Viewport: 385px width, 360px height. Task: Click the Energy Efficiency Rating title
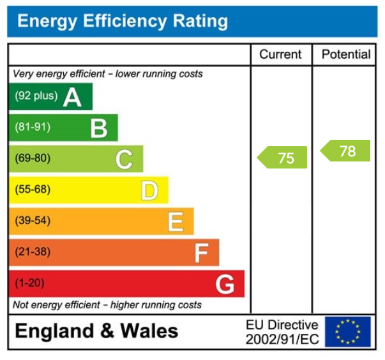(x=122, y=21)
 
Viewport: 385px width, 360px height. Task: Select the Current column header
(x=281, y=54)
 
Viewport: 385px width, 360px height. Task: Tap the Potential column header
(x=345, y=54)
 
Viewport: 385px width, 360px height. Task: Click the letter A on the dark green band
(x=72, y=97)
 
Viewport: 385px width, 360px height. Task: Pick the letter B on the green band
(x=98, y=128)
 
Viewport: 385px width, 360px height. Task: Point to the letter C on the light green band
(x=124, y=159)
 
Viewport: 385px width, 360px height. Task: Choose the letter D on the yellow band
(x=149, y=190)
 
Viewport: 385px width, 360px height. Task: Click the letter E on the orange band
(x=176, y=221)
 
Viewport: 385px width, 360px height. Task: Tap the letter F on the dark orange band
(x=201, y=253)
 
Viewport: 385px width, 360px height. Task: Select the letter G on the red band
(x=225, y=284)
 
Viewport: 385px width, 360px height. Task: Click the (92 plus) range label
(x=36, y=96)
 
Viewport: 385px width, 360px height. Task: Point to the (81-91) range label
(x=33, y=128)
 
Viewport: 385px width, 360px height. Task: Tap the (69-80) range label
(x=33, y=158)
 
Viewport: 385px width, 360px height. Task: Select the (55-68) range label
(x=33, y=190)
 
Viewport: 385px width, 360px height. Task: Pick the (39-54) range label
(x=33, y=221)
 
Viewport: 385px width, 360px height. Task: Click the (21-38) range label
(x=33, y=252)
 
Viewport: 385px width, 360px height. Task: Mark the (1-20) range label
(x=30, y=283)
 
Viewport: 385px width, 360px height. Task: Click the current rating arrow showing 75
(x=283, y=158)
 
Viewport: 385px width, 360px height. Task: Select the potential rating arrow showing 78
(x=345, y=151)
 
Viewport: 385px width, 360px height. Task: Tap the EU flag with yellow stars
(x=347, y=332)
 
